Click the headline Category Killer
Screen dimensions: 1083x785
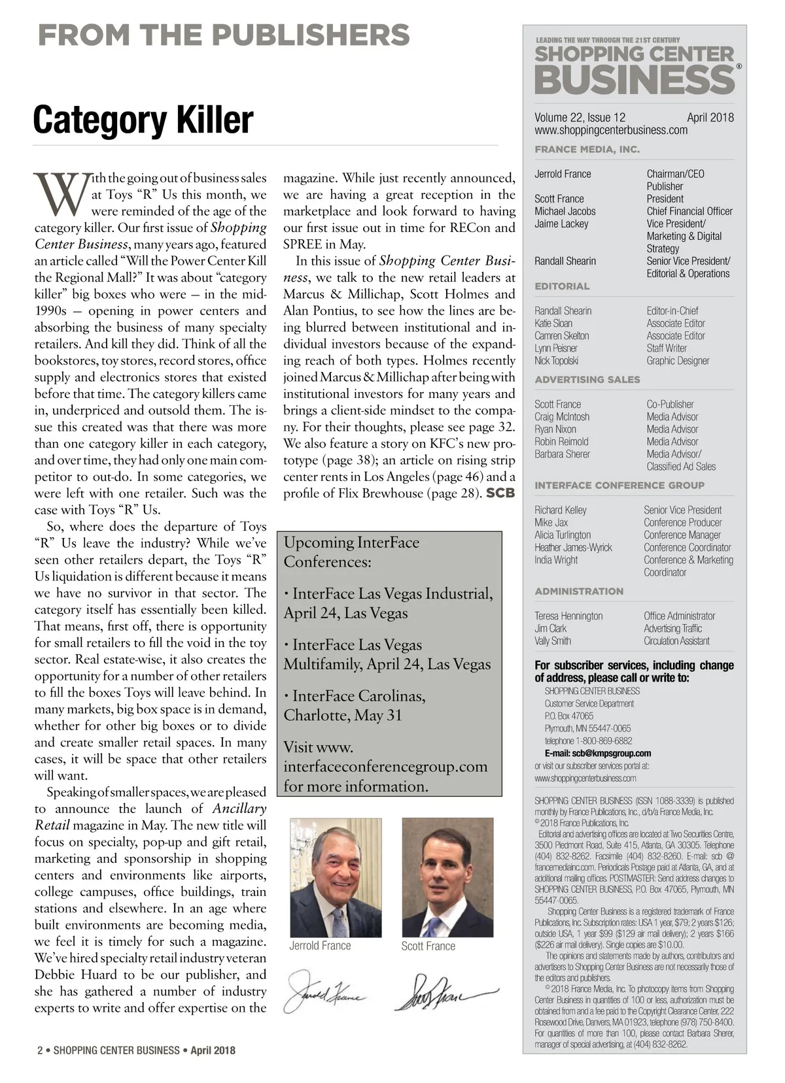click(143, 120)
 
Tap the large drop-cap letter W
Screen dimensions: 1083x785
click(61, 194)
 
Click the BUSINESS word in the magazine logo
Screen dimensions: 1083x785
click(635, 80)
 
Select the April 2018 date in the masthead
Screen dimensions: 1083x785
click(710, 118)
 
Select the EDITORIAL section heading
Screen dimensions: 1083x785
click(562, 286)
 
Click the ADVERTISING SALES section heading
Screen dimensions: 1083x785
click(587, 380)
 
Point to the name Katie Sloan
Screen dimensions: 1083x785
click(553, 324)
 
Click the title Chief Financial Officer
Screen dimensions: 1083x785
click(689, 211)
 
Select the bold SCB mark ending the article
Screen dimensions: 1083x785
click(500, 493)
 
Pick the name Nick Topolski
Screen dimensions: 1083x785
click(556, 361)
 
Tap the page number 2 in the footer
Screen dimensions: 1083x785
click(40, 1051)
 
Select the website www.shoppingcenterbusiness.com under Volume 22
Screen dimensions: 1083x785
click(611, 130)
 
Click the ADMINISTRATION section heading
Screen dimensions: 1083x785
click(579, 591)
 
